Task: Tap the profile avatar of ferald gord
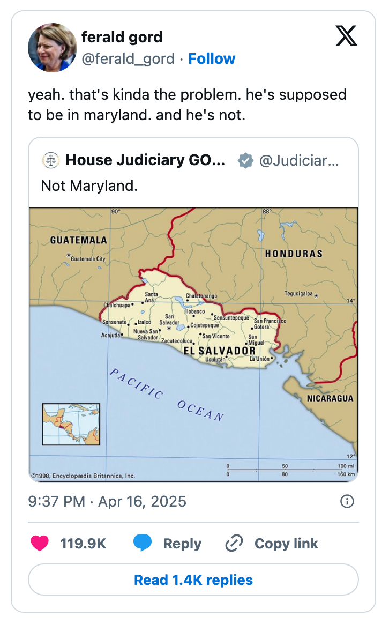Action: click(x=53, y=48)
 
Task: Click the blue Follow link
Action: click(x=212, y=59)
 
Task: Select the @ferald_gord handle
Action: click(x=128, y=59)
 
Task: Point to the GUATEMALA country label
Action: click(x=78, y=240)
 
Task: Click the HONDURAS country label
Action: click(x=294, y=254)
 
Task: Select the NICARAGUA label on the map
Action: click(x=330, y=398)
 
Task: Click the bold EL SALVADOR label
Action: click(x=220, y=351)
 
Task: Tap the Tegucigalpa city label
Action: click(x=298, y=294)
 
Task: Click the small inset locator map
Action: click(x=71, y=425)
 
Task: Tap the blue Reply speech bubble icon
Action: click(x=142, y=543)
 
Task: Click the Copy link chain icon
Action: click(x=234, y=543)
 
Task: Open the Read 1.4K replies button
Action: click(x=193, y=580)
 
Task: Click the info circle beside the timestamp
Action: click(x=347, y=501)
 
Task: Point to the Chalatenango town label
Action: click(x=201, y=296)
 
